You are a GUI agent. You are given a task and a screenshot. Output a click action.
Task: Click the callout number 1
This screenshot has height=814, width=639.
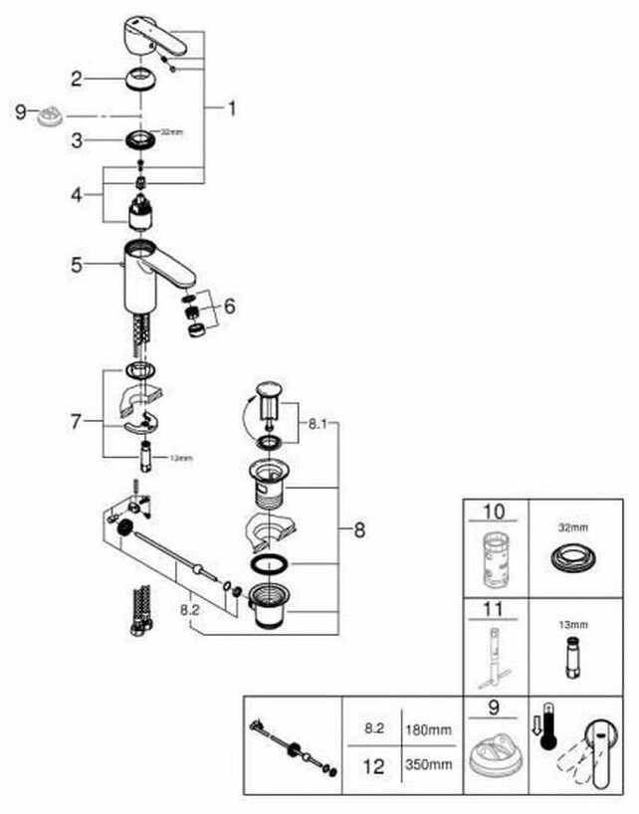click(x=232, y=108)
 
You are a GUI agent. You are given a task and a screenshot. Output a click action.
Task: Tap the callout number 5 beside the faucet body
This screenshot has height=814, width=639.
click(x=76, y=265)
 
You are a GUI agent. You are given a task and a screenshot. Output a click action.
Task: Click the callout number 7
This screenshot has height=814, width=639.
click(x=76, y=421)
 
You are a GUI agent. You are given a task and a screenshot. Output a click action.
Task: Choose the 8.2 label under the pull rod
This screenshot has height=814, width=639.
click(x=196, y=602)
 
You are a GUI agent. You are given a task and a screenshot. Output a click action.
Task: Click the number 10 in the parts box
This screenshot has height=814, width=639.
click(x=494, y=512)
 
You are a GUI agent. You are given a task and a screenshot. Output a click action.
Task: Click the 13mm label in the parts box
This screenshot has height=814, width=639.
click(x=572, y=625)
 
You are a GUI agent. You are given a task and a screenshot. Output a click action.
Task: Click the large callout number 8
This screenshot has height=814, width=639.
click(x=358, y=529)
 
